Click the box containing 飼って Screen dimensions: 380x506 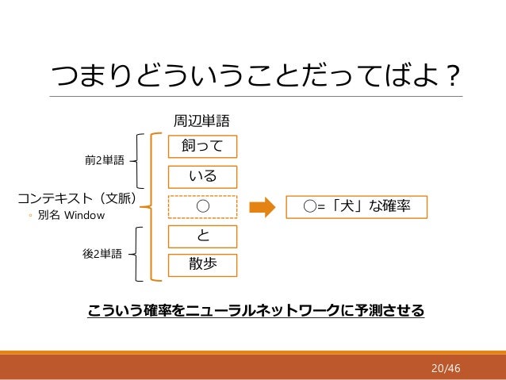203,147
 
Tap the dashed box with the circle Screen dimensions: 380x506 203,206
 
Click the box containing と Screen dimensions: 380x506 203,236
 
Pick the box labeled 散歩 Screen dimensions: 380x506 203,265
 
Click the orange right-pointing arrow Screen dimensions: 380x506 261,207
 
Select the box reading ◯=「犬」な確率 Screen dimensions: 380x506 355,207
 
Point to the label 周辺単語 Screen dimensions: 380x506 201,121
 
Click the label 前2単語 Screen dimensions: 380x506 104,161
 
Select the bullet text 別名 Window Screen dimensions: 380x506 71,215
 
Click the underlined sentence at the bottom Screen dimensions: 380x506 255,309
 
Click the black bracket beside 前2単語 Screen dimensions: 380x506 140,161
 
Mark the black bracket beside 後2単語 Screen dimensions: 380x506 140,254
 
